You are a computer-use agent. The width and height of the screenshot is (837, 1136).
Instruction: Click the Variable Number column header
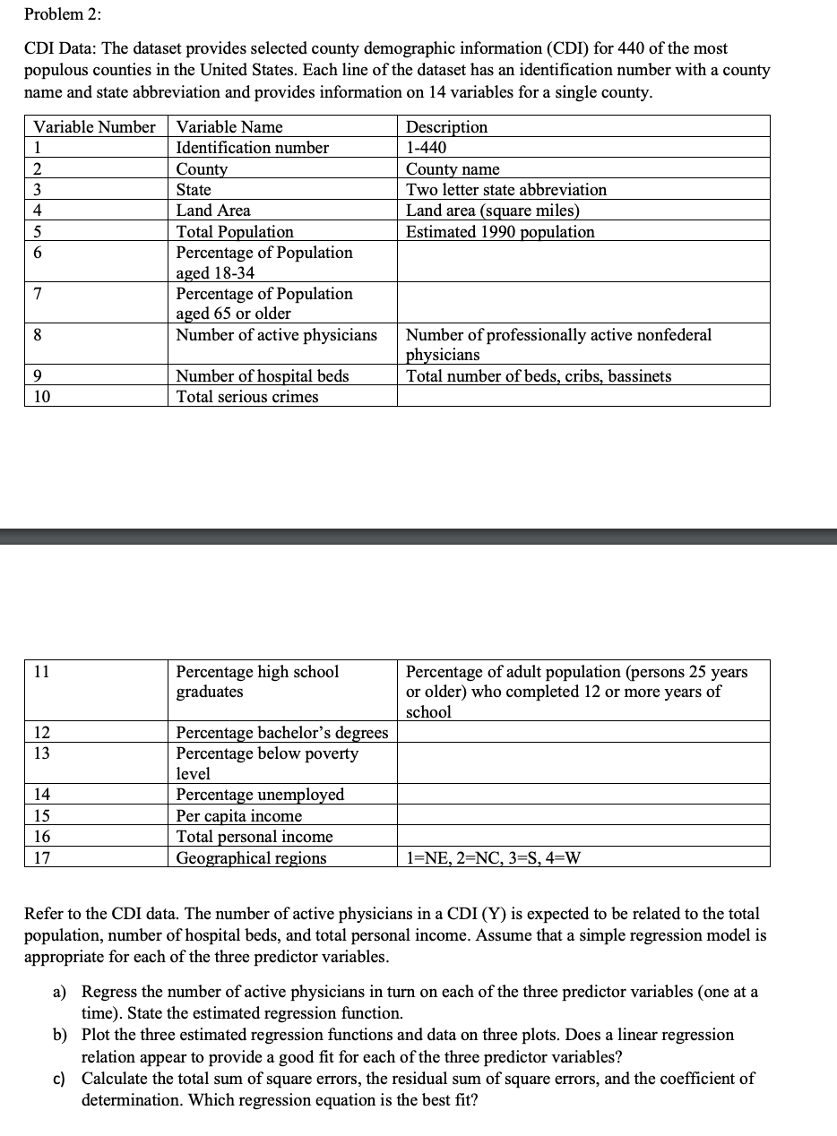point(94,126)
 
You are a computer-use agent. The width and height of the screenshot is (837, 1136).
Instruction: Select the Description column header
point(447,126)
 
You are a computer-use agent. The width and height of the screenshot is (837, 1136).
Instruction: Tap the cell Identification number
point(253,148)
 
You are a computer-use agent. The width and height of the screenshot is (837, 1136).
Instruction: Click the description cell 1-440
point(426,148)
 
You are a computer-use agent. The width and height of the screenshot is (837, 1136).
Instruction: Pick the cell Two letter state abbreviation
point(506,190)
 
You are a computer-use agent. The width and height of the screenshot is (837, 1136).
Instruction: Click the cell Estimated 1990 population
point(500,232)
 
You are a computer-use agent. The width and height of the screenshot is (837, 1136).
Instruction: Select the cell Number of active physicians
point(276,335)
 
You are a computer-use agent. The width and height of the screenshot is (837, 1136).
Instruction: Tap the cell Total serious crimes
point(247,397)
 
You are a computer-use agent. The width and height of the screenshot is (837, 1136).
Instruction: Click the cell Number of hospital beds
point(263,376)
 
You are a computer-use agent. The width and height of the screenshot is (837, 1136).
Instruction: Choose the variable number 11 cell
point(41,672)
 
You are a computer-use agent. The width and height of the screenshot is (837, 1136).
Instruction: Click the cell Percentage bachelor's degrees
point(282,733)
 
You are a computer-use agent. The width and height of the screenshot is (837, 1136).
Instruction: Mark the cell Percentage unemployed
point(260,795)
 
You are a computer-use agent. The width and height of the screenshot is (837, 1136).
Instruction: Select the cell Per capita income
point(239,816)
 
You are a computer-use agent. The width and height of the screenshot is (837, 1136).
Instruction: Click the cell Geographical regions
point(252,858)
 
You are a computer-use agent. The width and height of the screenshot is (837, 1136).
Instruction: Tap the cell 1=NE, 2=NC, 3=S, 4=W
point(494,858)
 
